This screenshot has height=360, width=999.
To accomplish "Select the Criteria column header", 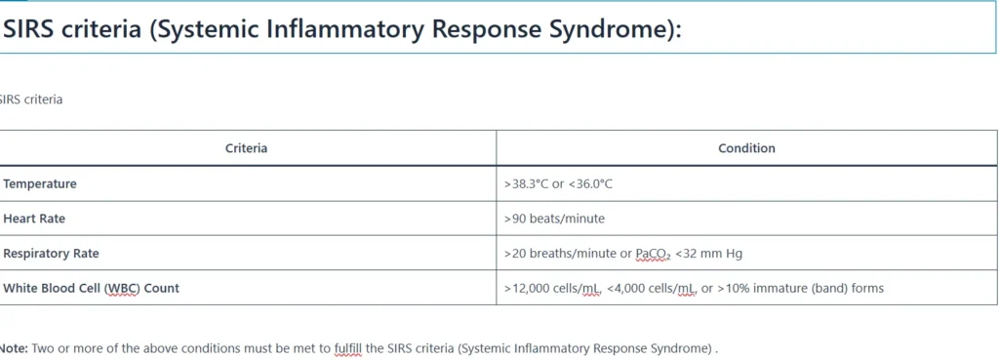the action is (x=246, y=148).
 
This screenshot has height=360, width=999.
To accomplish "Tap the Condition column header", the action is (x=746, y=148).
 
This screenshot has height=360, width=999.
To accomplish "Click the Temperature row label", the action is (x=39, y=184).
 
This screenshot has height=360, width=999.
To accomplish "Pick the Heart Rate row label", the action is (x=34, y=219).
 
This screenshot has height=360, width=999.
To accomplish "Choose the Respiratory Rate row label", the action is (x=51, y=254).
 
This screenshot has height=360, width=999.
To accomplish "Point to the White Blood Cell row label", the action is (x=91, y=288).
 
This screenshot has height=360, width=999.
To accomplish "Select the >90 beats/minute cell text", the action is (x=554, y=219).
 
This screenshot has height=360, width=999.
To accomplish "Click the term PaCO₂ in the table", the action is (x=653, y=255).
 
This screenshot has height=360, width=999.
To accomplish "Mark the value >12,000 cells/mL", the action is (x=552, y=289).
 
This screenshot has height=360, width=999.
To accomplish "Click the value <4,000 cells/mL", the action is (x=651, y=289).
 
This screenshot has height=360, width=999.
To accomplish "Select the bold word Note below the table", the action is (x=13, y=348).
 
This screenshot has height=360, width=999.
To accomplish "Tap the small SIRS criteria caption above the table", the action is (x=31, y=100).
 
